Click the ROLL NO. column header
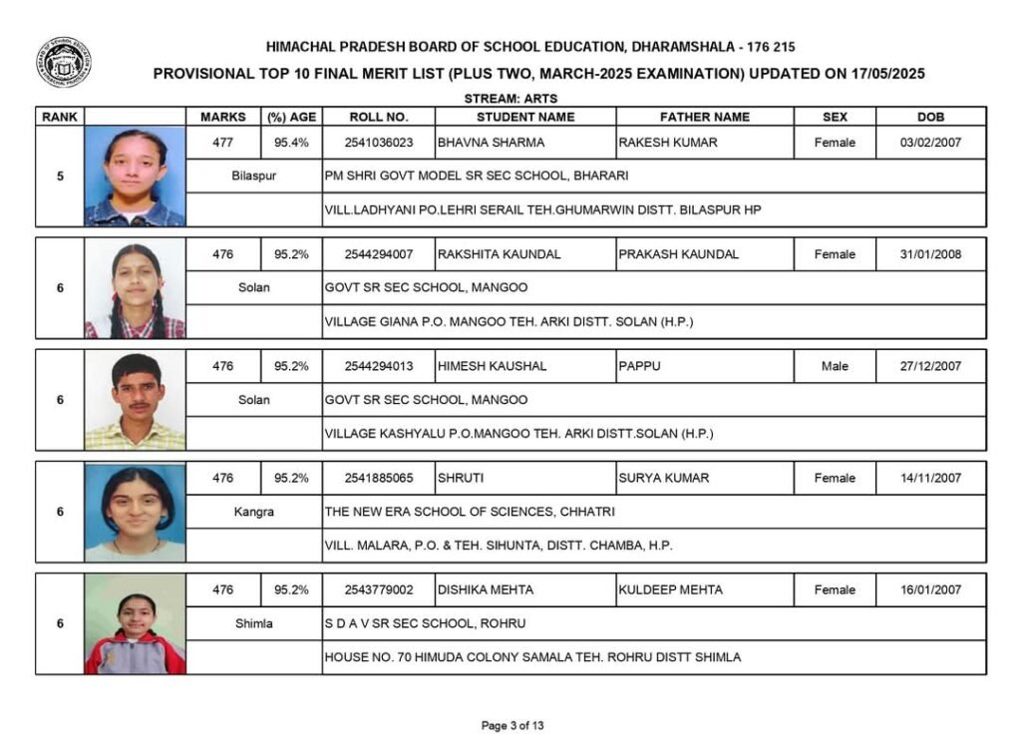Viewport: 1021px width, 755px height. coord(378,117)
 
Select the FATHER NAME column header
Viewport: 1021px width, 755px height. coord(704,117)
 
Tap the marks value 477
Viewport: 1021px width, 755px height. coord(223,143)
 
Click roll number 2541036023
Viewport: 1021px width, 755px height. coord(378,143)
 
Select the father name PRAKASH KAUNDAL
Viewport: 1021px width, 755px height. coord(678,254)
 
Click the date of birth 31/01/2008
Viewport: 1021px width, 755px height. coord(930,254)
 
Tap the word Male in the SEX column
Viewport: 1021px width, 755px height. coord(835,366)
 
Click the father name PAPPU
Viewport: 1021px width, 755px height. coord(639,366)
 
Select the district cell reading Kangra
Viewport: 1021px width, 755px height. coord(253,512)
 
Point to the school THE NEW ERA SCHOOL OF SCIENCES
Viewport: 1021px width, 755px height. coord(470,512)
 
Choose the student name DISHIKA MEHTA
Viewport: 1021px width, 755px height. coord(486,589)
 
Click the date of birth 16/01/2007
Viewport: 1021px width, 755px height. coord(930,589)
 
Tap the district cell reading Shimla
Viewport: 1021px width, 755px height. coord(253,623)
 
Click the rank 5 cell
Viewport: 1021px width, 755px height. coord(60,177)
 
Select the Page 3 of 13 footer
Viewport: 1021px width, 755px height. coord(512,725)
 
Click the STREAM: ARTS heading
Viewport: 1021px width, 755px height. coord(510,99)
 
